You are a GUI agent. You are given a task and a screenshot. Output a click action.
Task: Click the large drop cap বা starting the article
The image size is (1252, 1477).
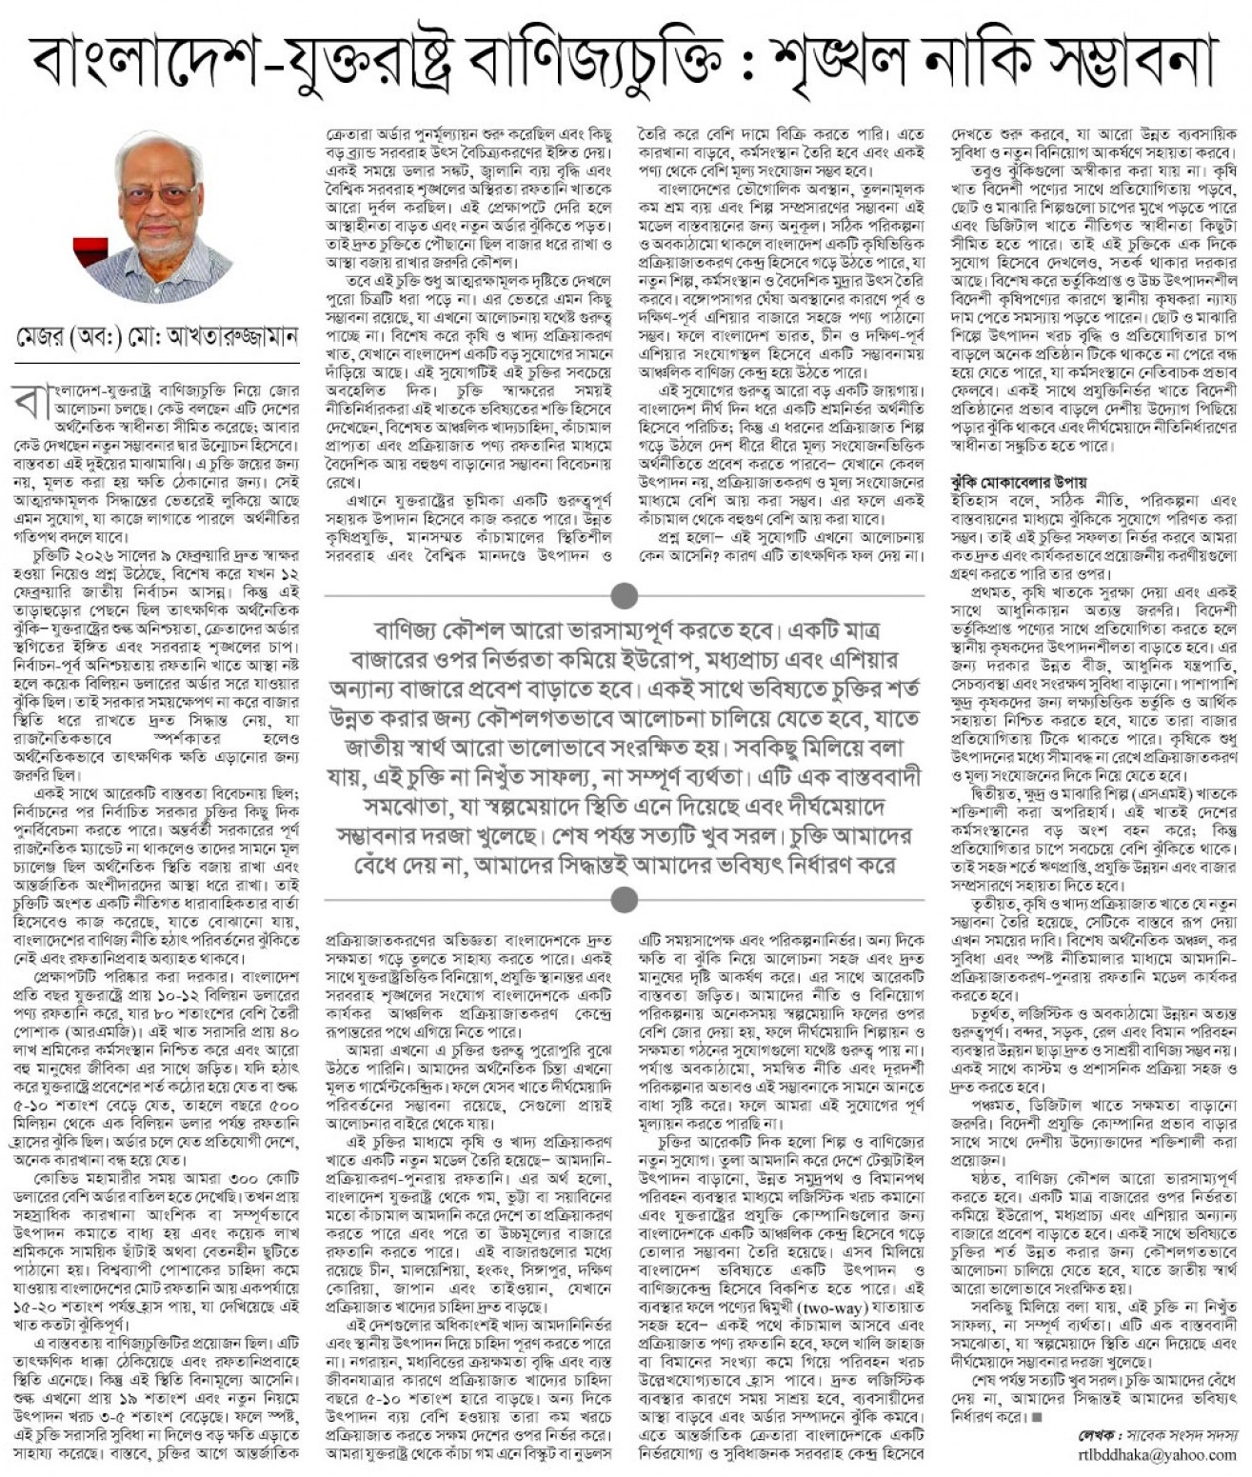[x=27, y=403]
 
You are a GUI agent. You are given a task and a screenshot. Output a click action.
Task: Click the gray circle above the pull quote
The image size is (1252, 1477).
[x=625, y=596]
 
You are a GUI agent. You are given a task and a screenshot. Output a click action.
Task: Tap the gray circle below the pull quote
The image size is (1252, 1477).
[x=625, y=897]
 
